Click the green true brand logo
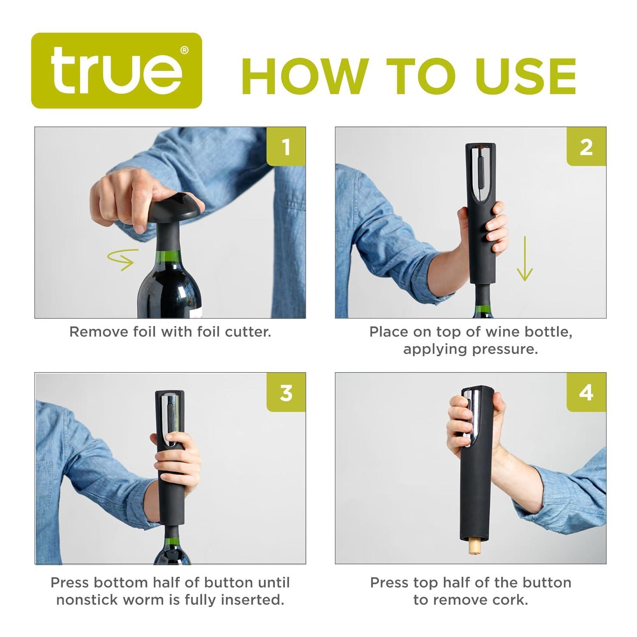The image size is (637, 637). pos(116,70)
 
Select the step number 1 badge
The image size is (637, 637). pos(286,147)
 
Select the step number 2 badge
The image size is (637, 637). pos(586,147)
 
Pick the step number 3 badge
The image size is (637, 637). pos(286,392)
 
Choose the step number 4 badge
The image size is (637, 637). pos(586,392)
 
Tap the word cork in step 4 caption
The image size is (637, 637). pos(511,600)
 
